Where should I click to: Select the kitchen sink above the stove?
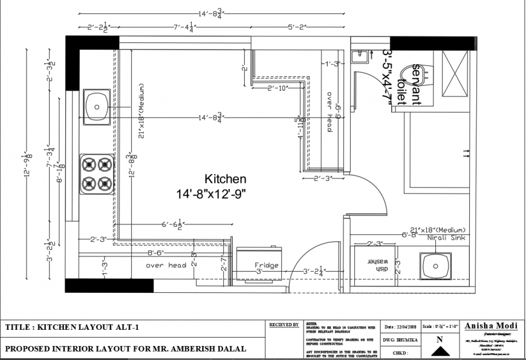coord(96,107)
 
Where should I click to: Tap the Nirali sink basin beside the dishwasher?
coord(435,265)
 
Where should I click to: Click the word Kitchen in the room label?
coord(226,179)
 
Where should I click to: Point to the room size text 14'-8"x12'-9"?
coord(212,194)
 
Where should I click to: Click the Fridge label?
coord(266,265)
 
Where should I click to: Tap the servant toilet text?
coord(416,85)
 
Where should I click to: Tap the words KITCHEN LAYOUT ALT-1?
coord(89,327)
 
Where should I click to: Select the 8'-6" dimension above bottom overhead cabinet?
coord(156,252)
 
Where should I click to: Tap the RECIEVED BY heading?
coord(284,325)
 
